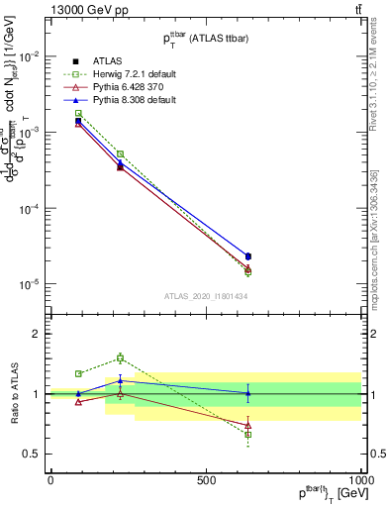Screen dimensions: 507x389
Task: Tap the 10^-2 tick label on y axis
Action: tap(31, 56)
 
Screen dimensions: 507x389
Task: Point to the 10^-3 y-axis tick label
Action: tap(31, 133)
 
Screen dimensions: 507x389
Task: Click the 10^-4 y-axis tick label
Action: tap(31, 209)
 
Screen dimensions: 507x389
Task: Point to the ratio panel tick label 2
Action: tap(35, 334)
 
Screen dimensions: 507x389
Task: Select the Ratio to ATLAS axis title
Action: tap(13, 394)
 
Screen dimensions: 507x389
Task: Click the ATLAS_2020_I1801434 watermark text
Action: tap(205, 297)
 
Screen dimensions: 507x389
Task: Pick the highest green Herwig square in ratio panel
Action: tap(120, 357)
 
